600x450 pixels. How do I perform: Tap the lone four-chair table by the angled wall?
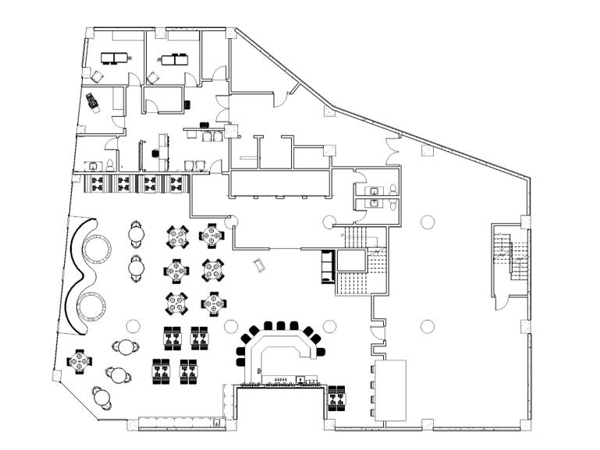pyautogui.click(x=80, y=361)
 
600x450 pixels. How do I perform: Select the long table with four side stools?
pyautogui.click(x=391, y=390)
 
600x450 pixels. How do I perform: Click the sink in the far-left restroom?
pyautogui.click(x=92, y=166)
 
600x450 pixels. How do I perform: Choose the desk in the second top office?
pyautogui.click(x=175, y=58)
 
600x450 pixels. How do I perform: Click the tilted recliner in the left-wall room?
pyautogui.click(x=94, y=101)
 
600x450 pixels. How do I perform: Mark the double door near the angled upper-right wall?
pyautogui.click(x=392, y=145)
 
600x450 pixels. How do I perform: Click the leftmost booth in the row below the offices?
pyautogui.click(x=97, y=183)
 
